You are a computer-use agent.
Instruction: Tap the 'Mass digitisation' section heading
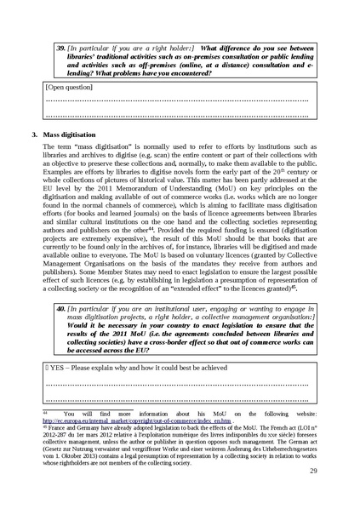(69, 135)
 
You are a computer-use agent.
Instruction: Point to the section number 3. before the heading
(32, 135)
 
